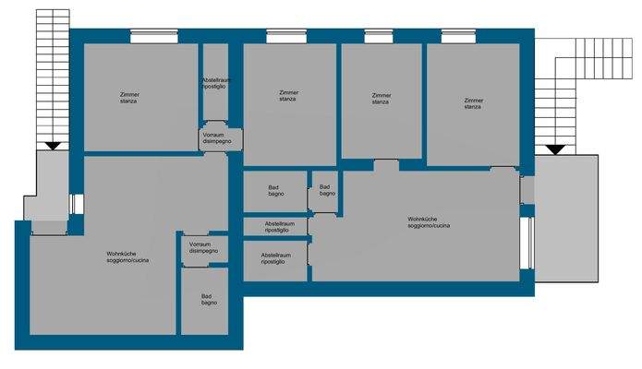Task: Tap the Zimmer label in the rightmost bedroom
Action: coord(474,101)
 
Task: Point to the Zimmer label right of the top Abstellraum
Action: coord(287,93)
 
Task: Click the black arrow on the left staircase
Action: coord(52,145)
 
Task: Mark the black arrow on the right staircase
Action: coord(555,149)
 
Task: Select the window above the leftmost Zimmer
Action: coord(154,37)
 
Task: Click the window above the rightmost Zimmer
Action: coord(459,37)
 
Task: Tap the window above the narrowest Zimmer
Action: coord(378,37)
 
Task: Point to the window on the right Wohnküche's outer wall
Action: coord(527,248)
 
